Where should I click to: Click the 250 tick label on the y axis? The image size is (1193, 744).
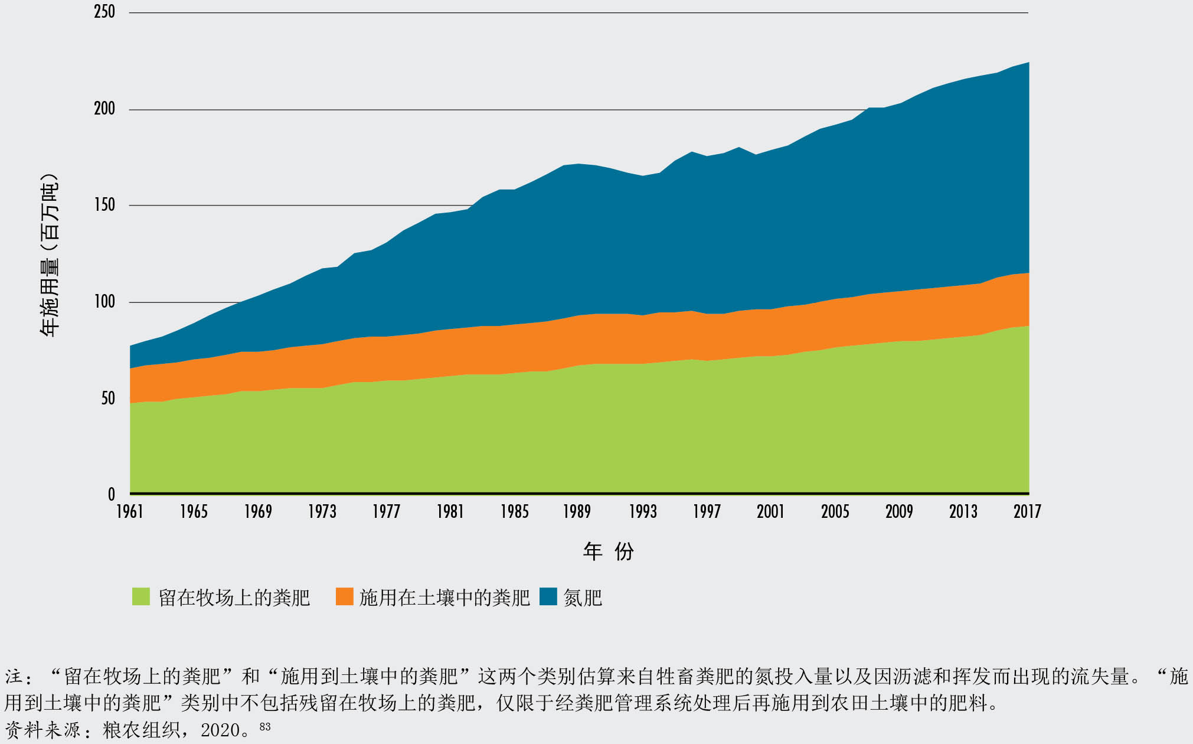pyautogui.click(x=104, y=12)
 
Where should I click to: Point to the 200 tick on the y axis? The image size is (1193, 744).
pyautogui.click(x=104, y=109)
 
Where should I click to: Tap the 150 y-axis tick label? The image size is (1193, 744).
pyautogui.click(x=104, y=205)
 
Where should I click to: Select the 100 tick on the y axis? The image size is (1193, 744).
pyautogui.click(x=104, y=302)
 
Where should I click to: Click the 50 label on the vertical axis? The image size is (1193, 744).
pyautogui.click(x=108, y=399)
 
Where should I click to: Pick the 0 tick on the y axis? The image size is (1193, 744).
pyautogui.click(x=112, y=495)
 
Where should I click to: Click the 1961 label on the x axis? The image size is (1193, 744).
pyautogui.click(x=130, y=511)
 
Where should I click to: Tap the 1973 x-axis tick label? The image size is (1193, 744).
pyautogui.click(x=322, y=511)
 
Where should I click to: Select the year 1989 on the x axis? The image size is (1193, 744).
pyautogui.click(x=577, y=511)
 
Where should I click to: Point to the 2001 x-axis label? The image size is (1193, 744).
pyautogui.click(x=771, y=511)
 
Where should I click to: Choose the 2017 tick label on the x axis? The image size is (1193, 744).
pyautogui.click(x=1027, y=511)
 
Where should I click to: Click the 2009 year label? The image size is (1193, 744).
pyautogui.click(x=899, y=511)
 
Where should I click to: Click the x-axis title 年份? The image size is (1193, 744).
pyautogui.click(x=609, y=552)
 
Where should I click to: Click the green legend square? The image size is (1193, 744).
pyautogui.click(x=141, y=597)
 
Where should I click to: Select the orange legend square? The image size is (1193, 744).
pyautogui.click(x=344, y=597)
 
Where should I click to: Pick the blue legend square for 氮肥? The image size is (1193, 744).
pyautogui.click(x=548, y=597)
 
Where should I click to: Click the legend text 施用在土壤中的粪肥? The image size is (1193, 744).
pyautogui.click(x=444, y=598)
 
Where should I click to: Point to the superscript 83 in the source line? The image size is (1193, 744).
pyautogui.click(x=265, y=726)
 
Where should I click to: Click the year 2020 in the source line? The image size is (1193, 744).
pyautogui.click(x=220, y=731)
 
